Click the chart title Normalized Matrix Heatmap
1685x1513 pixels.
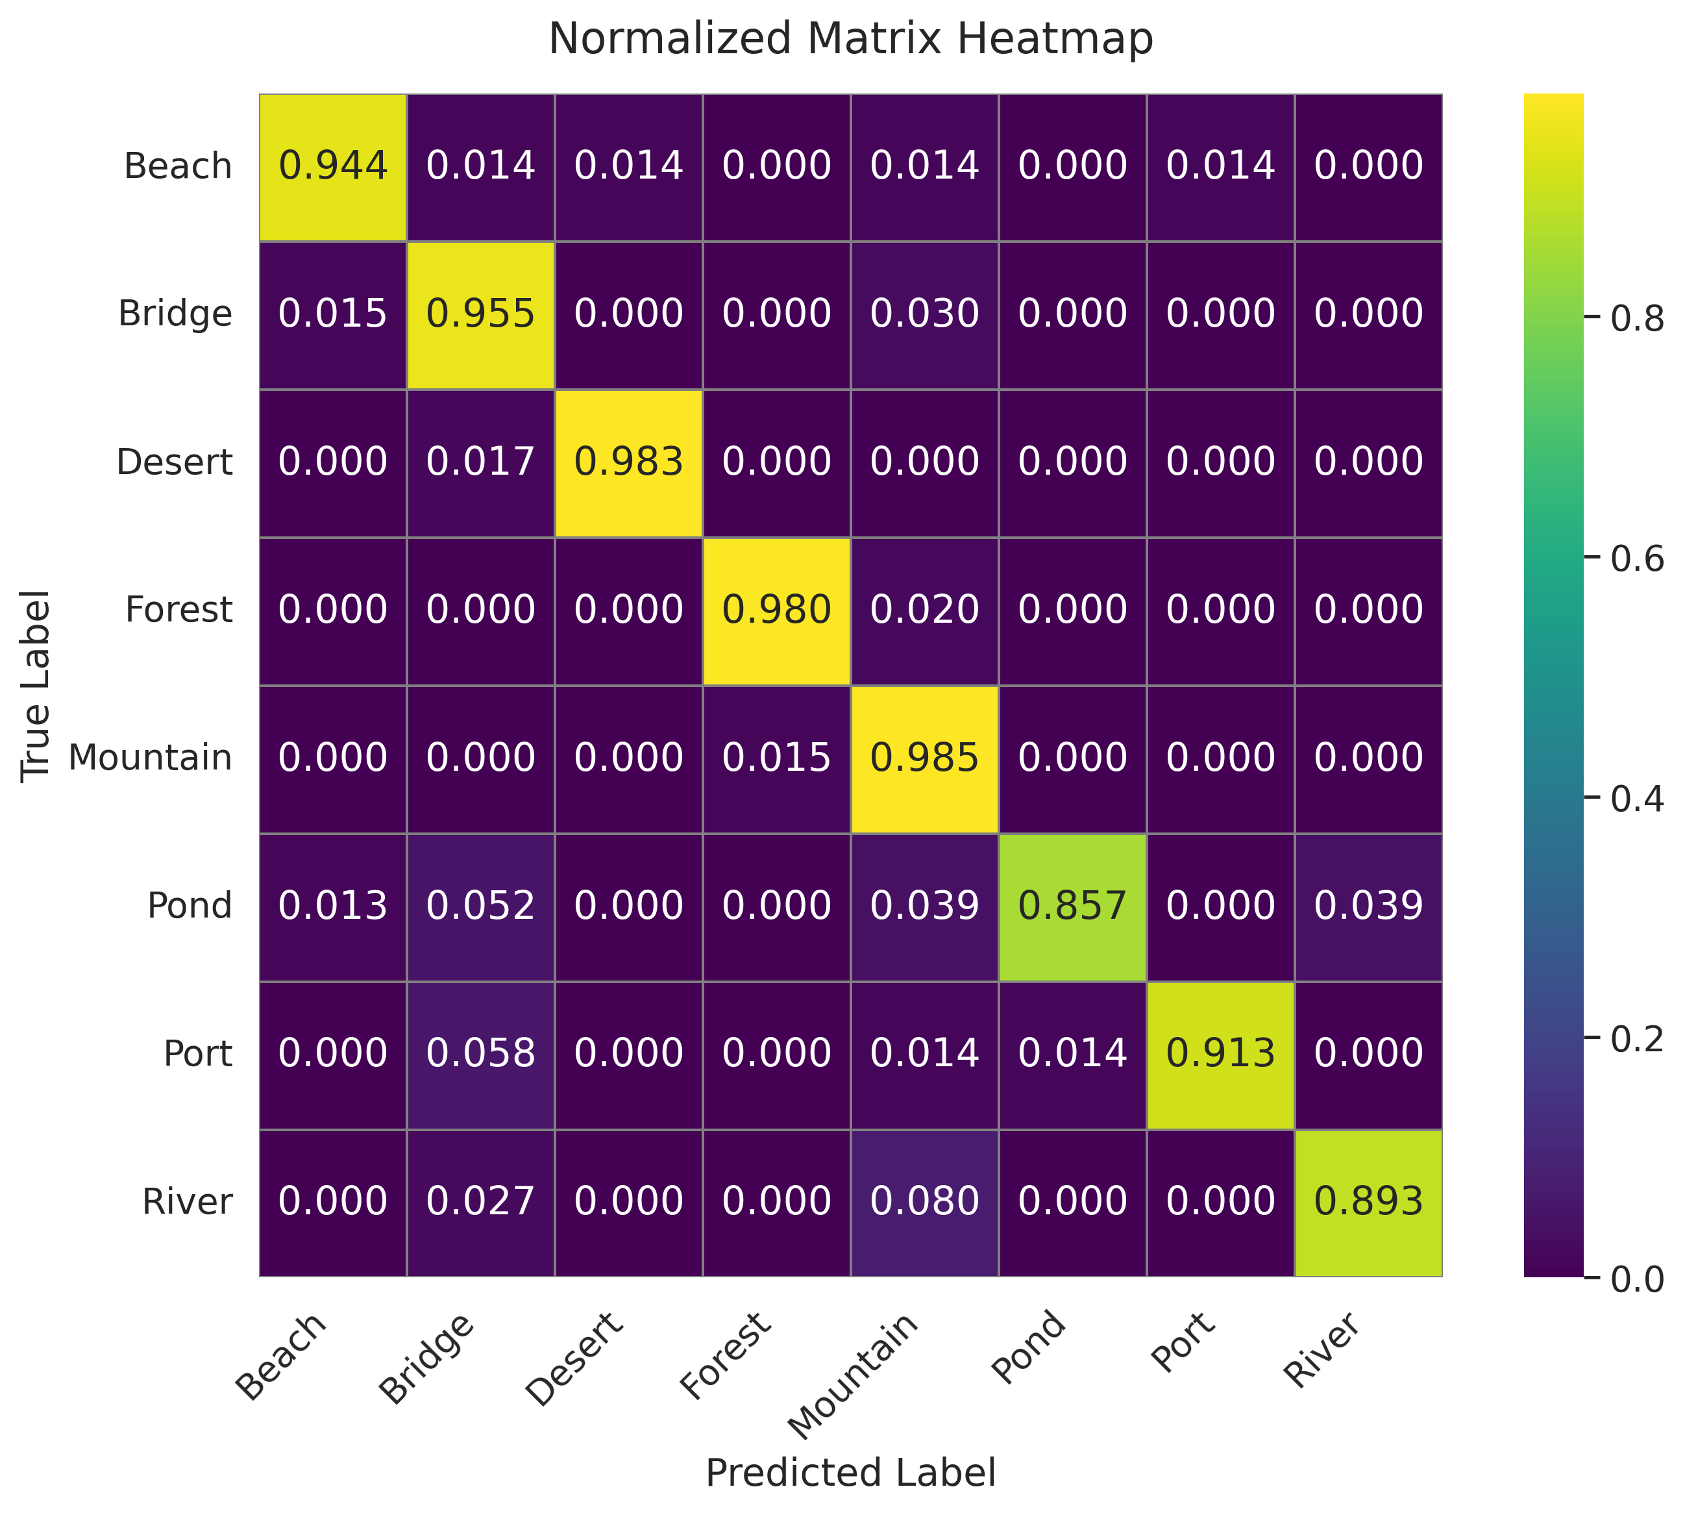[x=850, y=39]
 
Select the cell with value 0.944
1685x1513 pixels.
[x=332, y=166]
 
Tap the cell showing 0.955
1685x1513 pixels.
[x=480, y=314]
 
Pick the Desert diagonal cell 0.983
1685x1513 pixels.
[x=628, y=462]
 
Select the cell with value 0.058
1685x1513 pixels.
[x=480, y=1054]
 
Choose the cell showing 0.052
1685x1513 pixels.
[x=480, y=906]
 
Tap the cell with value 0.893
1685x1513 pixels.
[x=1368, y=1202]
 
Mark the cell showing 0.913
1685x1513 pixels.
[x=1220, y=1054]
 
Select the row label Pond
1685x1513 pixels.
[x=190, y=906]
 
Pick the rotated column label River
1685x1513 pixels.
[x=1321, y=1351]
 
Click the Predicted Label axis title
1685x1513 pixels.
[x=850, y=1473]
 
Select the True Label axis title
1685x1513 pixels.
[x=36, y=686]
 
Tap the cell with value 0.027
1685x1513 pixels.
[x=480, y=1202]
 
